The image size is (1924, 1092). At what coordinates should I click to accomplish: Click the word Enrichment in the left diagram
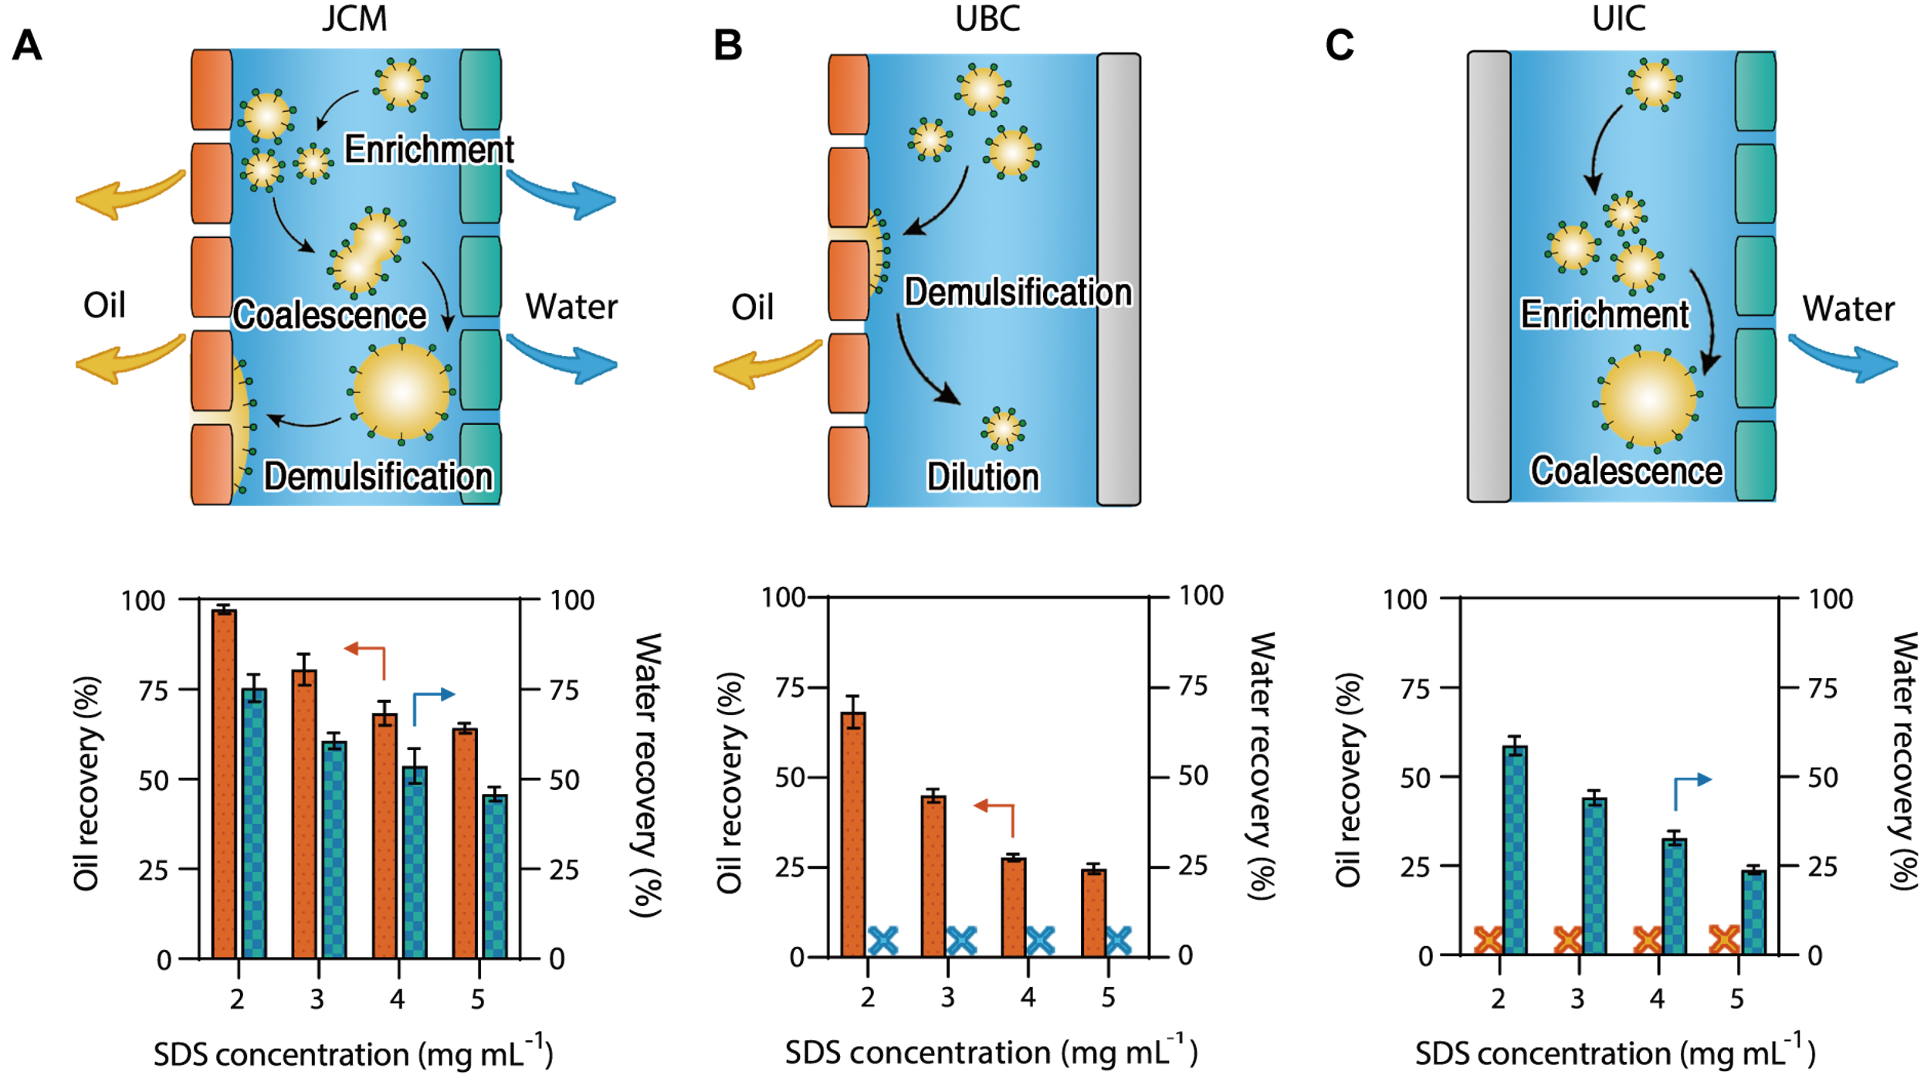(x=429, y=149)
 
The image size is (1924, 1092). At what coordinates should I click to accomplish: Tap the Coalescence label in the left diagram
(x=330, y=315)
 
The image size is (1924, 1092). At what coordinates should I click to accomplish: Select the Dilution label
(x=983, y=477)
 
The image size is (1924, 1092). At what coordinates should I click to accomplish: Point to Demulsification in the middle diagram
(x=1018, y=293)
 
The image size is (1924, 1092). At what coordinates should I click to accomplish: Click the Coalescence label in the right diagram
(x=1626, y=471)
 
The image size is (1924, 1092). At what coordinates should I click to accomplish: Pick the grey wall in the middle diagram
(x=1118, y=278)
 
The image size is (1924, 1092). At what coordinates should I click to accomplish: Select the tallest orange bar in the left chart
(x=224, y=784)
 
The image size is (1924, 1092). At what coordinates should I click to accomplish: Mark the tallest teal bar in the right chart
(x=1515, y=850)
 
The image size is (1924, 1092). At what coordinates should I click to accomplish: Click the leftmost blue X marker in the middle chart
(x=882, y=941)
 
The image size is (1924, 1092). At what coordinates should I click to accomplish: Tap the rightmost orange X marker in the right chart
(x=1724, y=939)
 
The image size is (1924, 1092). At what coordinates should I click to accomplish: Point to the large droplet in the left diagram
(x=401, y=391)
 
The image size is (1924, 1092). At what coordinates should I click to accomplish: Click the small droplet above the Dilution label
(x=1003, y=428)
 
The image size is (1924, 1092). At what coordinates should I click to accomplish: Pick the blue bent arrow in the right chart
(x=1689, y=789)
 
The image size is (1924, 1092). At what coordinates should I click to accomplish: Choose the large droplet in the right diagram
(x=1648, y=398)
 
